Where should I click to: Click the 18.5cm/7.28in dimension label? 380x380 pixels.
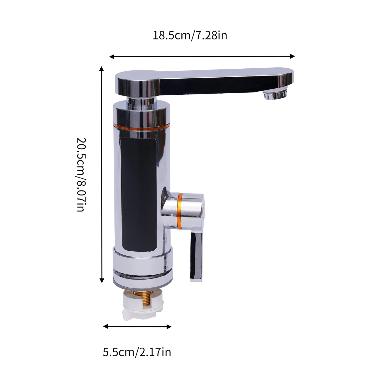click(x=190, y=35)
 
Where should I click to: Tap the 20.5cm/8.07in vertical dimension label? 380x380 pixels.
click(x=81, y=174)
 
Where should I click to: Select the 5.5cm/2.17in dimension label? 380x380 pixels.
click(x=137, y=352)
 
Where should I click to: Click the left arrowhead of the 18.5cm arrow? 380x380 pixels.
click(x=112, y=57)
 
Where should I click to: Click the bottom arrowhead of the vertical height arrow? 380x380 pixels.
click(x=102, y=281)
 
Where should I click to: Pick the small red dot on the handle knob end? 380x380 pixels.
click(x=203, y=210)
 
